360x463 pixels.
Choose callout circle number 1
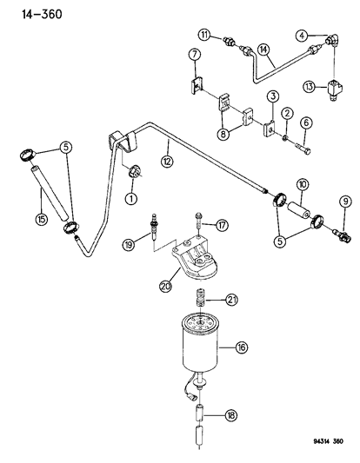click(131, 199)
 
